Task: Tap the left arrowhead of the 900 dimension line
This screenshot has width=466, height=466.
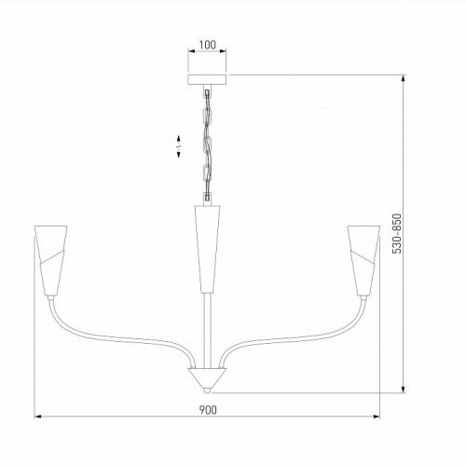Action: point(38,418)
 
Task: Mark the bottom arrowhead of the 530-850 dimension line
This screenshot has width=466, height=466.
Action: point(403,391)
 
